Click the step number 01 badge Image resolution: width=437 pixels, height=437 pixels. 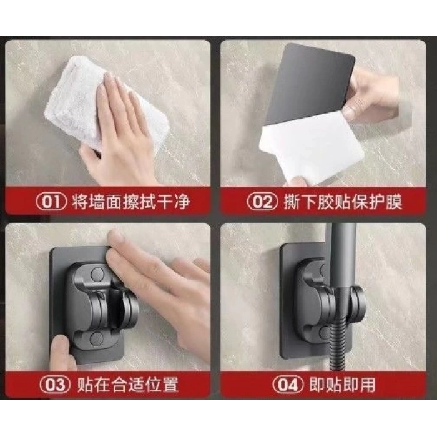coord(51,201)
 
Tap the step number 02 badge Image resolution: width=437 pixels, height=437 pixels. coord(262,201)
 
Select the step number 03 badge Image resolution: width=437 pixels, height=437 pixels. coord(55,385)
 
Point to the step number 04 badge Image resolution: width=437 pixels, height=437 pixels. coord(288,385)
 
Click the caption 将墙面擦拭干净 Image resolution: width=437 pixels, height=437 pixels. coord(131,201)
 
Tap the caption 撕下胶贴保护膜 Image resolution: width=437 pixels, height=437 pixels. coord(343,201)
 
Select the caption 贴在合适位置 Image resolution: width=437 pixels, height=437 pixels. coord(127,385)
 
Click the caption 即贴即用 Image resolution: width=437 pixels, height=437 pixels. coord(342,385)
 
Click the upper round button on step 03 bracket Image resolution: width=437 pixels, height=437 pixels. coord(97,274)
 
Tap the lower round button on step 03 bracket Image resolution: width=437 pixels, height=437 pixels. coord(96,338)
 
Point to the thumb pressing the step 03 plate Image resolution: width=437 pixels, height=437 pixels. coord(61,353)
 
